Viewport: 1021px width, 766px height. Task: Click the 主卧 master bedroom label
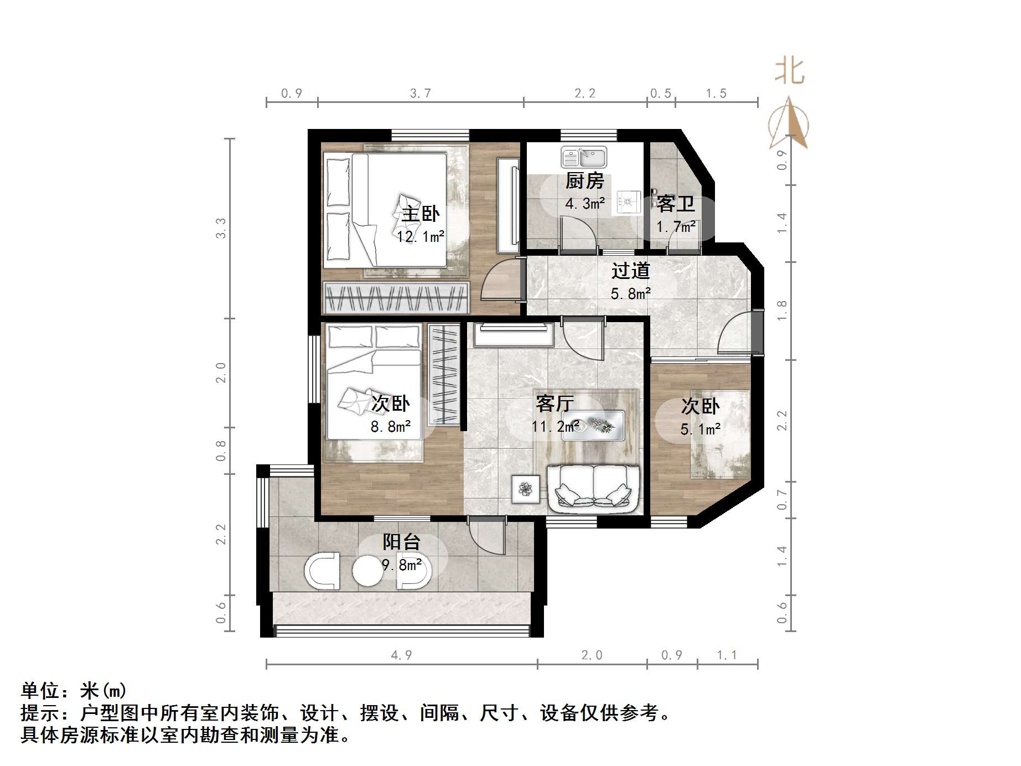[421, 214]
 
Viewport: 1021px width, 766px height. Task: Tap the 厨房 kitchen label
[584, 180]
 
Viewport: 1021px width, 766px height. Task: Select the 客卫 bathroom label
[676, 204]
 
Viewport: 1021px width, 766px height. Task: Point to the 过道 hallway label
[630, 271]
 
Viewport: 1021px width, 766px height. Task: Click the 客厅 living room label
[554, 403]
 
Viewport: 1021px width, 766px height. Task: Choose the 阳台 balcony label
[402, 541]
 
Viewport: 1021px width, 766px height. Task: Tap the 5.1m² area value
[700, 429]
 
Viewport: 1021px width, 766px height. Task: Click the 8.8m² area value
[391, 427]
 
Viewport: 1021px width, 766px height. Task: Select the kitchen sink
[584, 157]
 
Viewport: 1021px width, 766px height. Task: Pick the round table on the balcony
[367, 571]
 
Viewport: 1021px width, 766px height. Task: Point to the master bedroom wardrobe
[396, 298]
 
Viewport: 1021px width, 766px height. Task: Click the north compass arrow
[790, 125]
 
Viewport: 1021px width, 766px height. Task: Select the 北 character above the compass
[790, 72]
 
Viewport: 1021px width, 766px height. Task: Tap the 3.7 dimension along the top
[421, 94]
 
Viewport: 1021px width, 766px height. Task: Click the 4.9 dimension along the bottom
[401, 655]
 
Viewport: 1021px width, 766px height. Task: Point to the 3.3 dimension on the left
[221, 228]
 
